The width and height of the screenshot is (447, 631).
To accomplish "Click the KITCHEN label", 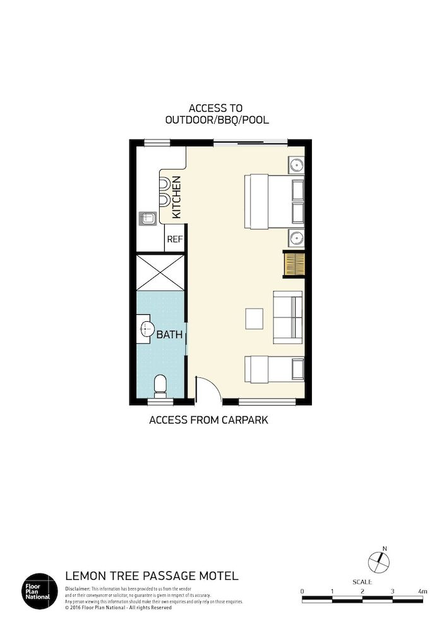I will pos(177,198).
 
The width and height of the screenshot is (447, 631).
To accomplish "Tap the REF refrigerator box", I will pos(175,240).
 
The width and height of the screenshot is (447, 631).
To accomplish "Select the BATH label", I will pos(169,335).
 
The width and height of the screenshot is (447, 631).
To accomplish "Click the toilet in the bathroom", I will pos(160,385).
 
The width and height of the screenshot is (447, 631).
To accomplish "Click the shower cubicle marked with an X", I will pos(161,273).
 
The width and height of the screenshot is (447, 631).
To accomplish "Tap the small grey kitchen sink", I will pos(148,219).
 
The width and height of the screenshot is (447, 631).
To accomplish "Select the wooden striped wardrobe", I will pos(294,264).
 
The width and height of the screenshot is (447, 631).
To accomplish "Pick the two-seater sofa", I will pos(288,317).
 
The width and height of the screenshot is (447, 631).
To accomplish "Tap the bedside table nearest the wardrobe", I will pos(297,238).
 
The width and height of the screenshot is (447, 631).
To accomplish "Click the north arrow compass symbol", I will pos(378,560).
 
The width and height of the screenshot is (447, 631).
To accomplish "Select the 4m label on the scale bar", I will pos(422,591).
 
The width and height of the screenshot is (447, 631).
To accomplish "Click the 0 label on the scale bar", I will pos(302,591).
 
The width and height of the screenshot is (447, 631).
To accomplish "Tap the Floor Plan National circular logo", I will pos(40,589).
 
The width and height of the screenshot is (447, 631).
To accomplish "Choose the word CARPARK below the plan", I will pos(243,420).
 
